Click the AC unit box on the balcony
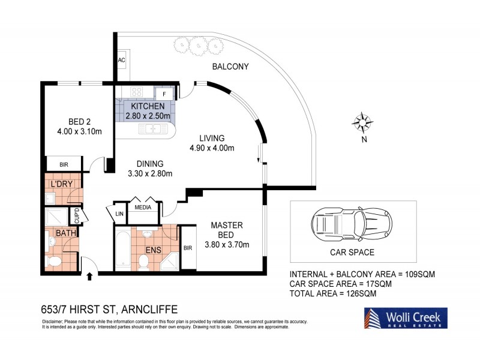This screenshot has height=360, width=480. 121,60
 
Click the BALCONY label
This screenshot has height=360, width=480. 230,67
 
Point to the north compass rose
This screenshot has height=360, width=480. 362,123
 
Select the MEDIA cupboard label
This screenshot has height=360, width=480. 143,208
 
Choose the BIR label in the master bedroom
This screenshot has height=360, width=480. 188,248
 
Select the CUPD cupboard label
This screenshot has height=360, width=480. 77,213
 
